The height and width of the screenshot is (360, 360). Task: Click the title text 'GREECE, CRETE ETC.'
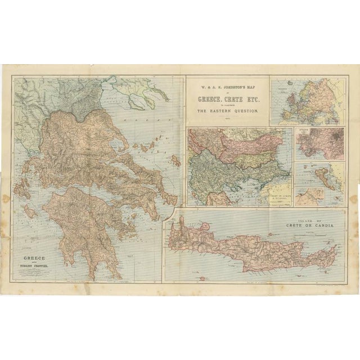227,100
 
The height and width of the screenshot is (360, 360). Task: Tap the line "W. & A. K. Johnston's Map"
227,87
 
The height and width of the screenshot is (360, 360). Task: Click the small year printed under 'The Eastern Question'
227,119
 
